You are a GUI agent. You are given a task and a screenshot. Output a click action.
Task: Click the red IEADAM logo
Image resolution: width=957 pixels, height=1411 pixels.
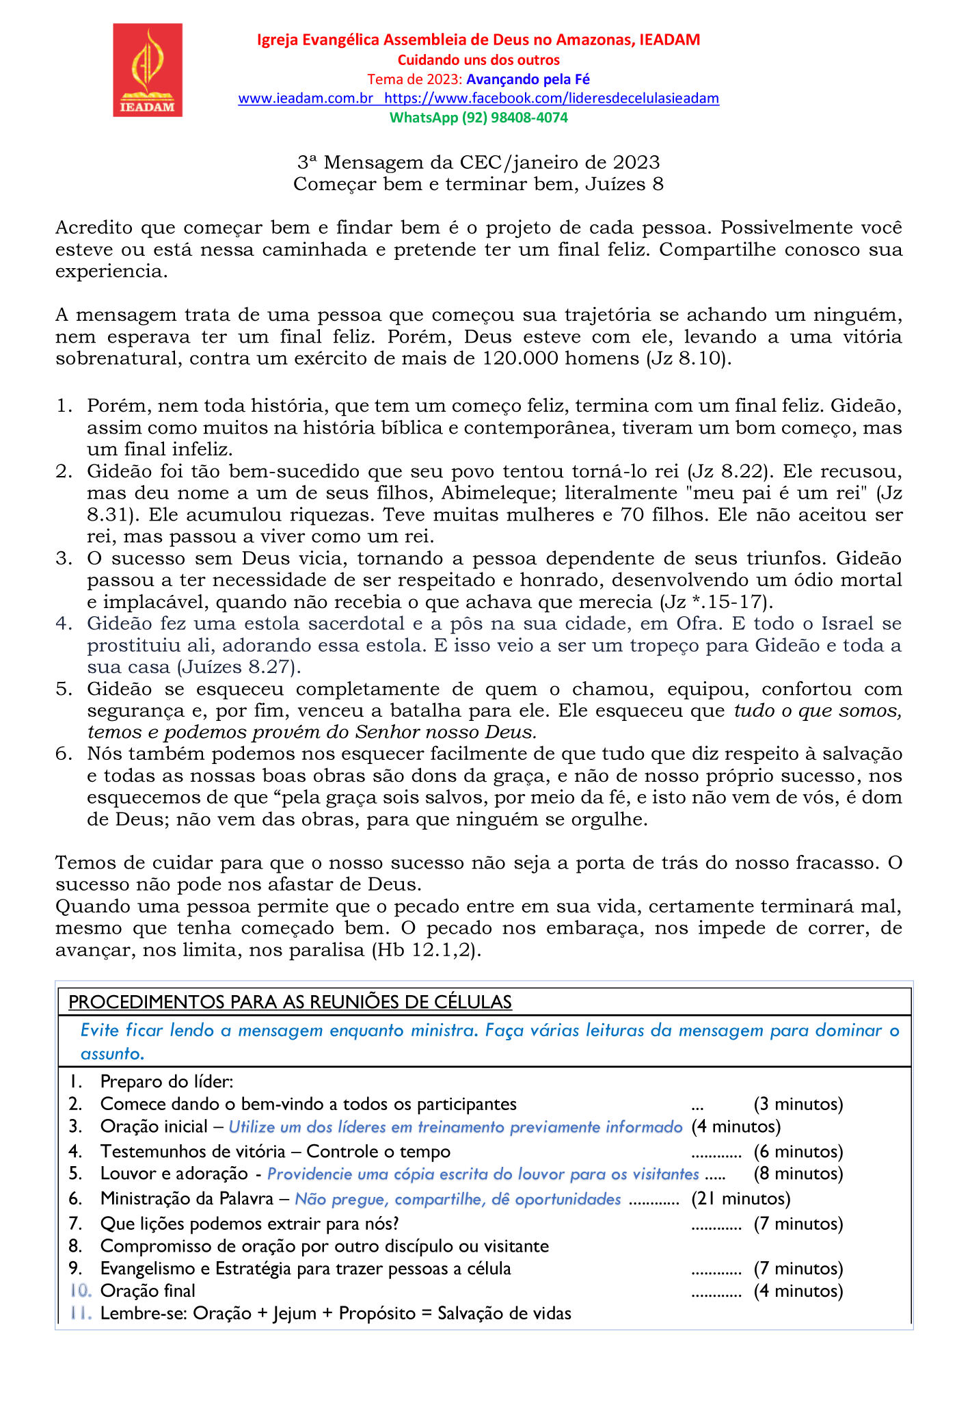148,70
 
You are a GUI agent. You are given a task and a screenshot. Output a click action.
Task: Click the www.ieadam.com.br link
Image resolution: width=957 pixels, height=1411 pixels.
305,98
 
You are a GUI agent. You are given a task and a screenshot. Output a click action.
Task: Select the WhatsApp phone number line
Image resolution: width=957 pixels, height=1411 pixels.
478,118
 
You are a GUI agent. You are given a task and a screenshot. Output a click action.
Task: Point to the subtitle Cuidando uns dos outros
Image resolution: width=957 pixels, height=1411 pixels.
478,60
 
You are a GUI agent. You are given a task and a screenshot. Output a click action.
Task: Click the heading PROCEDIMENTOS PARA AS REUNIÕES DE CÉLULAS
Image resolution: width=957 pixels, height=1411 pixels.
291,1003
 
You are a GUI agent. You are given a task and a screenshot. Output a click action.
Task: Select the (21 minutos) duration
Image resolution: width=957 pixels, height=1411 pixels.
741,1198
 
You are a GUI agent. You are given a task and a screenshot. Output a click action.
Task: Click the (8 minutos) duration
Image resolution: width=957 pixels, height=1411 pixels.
798,1174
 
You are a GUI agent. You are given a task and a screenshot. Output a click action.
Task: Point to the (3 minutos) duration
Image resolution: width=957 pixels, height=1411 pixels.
798,1104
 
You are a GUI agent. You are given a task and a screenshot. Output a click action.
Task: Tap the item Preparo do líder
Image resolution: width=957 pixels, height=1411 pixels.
167,1082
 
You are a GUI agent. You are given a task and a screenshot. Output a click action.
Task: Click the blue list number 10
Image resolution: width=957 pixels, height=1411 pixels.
80,1291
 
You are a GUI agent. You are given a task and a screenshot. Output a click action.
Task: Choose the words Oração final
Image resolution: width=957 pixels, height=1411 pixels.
148,1291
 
